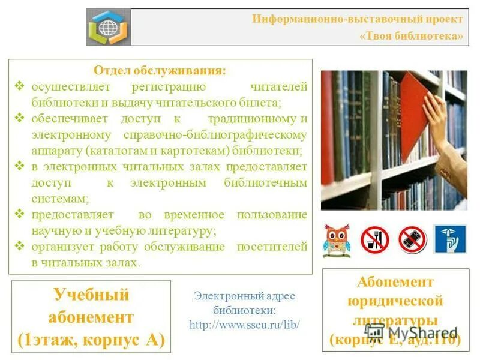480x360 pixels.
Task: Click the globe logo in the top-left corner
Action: [109, 27]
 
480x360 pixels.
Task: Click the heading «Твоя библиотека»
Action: [412, 36]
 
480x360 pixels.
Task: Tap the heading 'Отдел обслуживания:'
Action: [160, 71]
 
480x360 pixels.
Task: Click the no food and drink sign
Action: [374, 239]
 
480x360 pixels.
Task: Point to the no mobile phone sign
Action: [412, 239]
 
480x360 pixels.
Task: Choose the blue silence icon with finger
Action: [449, 239]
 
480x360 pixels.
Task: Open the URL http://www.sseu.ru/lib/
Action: [244, 325]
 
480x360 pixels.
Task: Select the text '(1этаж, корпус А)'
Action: [91, 340]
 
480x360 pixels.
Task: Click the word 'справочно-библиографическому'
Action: [215, 134]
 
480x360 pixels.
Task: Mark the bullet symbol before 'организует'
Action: [19, 246]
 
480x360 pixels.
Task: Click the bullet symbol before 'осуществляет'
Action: [19, 88]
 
